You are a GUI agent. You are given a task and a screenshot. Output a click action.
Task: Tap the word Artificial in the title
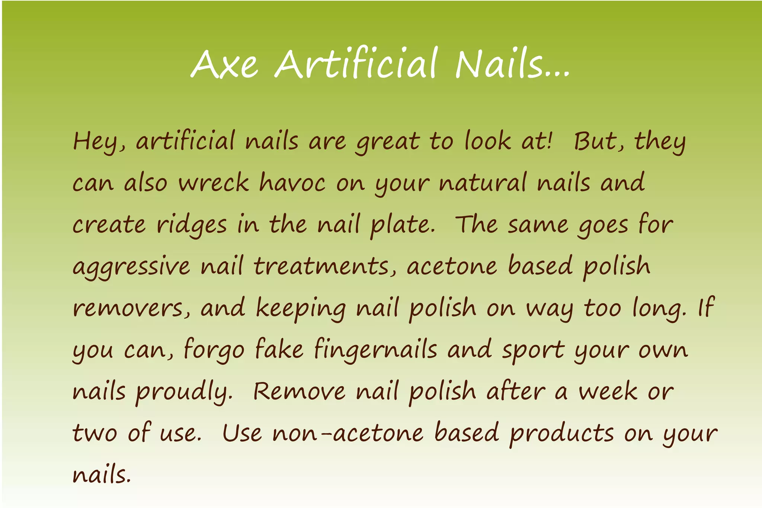coord(356,63)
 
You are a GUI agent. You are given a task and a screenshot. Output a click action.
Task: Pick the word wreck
coord(214,183)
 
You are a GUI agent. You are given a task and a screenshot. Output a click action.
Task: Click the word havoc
coord(292,183)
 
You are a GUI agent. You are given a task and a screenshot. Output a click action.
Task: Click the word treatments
coord(321,266)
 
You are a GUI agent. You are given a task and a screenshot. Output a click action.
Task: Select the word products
coord(561,434)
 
